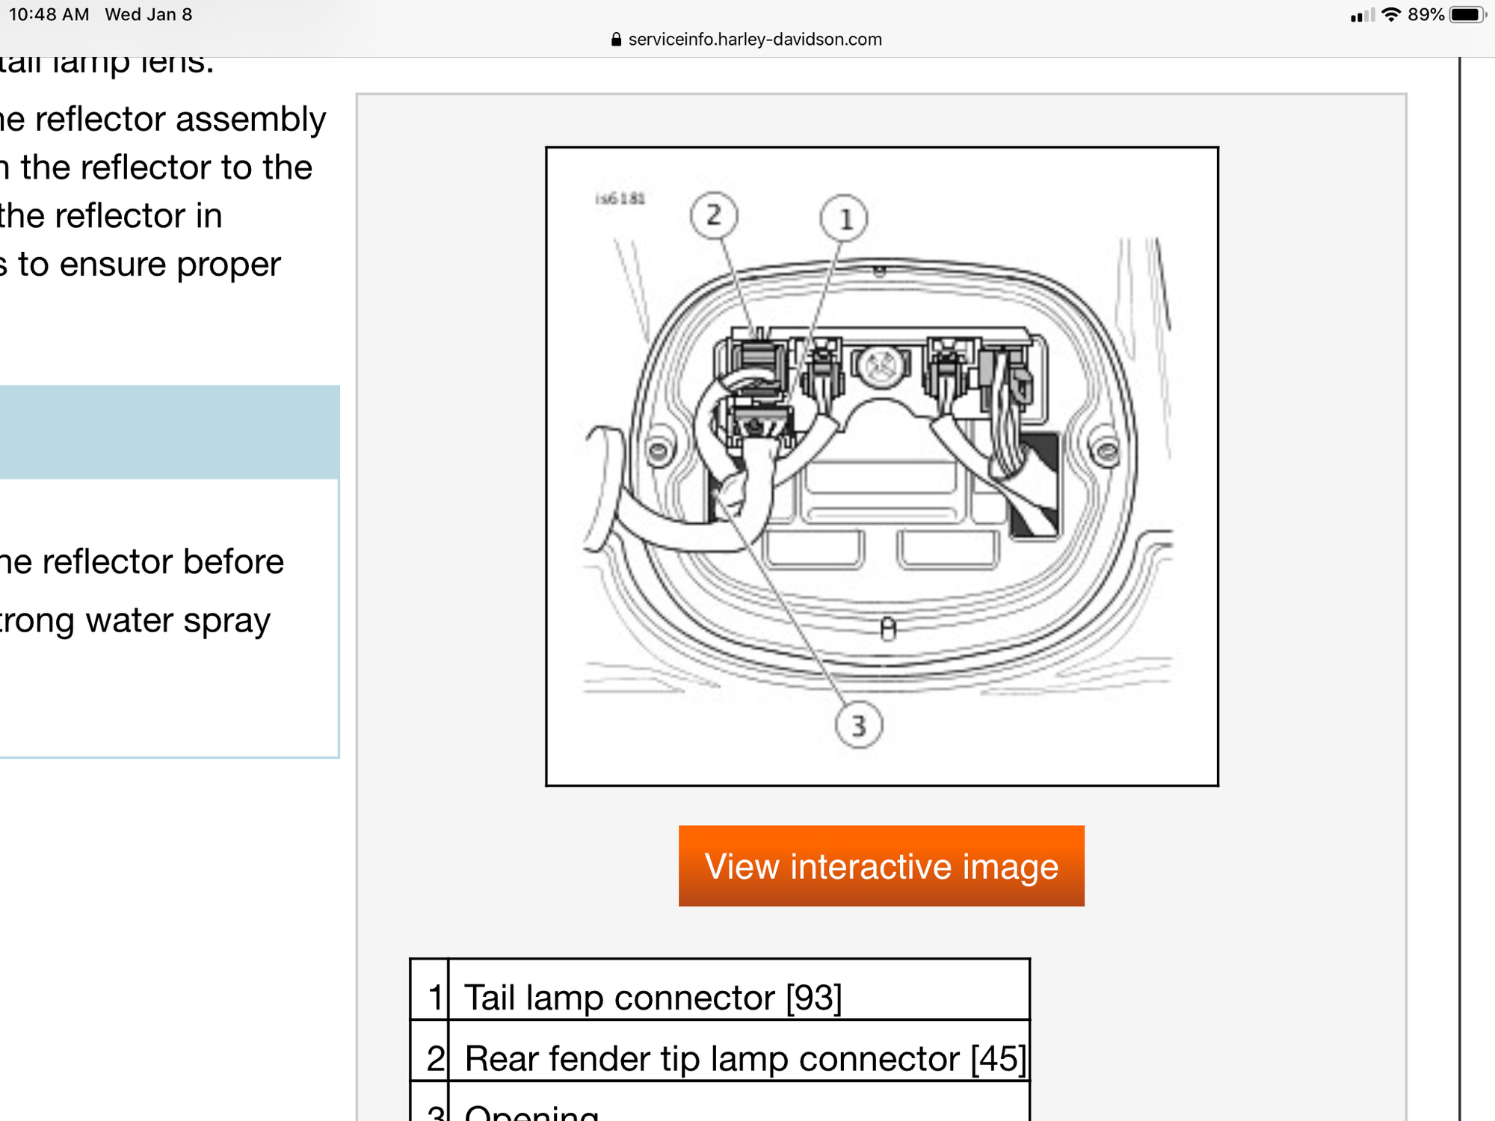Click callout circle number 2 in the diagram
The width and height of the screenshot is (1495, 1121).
click(714, 216)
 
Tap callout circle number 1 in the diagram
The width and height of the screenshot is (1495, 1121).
click(844, 219)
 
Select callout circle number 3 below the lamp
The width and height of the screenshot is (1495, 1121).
click(858, 725)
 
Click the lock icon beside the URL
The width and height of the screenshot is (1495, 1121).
click(616, 40)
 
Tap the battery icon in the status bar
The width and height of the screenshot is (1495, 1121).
click(1467, 15)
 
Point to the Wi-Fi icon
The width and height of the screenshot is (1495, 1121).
click(1390, 15)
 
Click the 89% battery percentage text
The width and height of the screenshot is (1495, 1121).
click(1425, 15)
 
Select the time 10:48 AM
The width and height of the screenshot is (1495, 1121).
click(49, 15)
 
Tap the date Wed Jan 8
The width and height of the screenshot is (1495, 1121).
click(149, 15)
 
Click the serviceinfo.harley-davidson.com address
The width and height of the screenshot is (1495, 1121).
click(755, 40)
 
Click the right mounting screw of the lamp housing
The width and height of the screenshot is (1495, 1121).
click(1106, 451)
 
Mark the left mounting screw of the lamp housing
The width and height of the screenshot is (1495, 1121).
click(659, 451)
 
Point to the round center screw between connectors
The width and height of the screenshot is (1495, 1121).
click(881, 365)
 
